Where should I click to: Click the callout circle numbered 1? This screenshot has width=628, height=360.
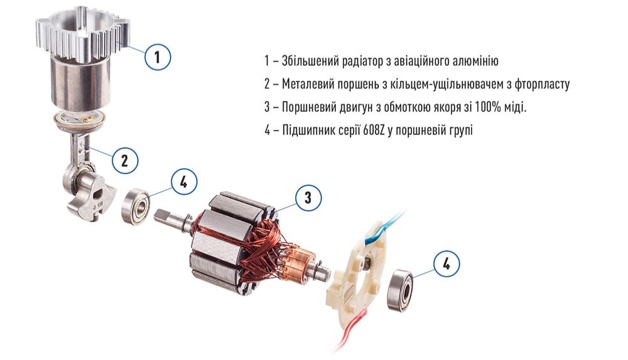[x=158, y=57]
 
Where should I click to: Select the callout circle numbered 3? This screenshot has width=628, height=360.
[x=308, y=198]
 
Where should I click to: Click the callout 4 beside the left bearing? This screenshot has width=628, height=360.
[x=183, y=183]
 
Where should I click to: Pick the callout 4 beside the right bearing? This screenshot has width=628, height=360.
[x=446, y=264]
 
